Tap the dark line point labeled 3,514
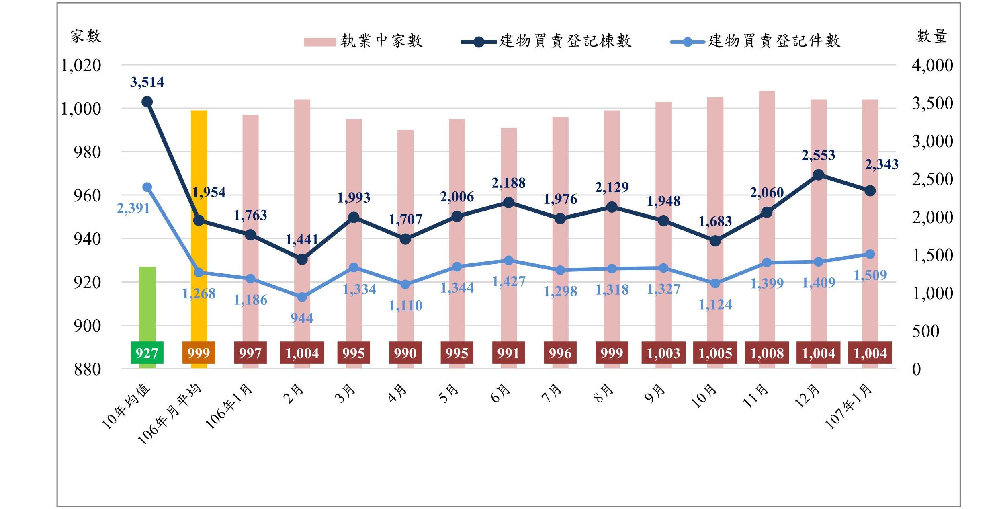coord(147,102)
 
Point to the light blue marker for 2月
coord(302,297)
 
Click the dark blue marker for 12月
coord(818,175)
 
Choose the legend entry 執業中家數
coord(363,41)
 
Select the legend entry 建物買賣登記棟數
coord(547,41)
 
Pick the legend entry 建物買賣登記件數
coord(755,41)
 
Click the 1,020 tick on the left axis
coord(81,65)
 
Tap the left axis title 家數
coord(86,36)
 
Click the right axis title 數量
coord(931,36)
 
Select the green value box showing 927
coord(147,353)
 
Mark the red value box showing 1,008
coord(767,353)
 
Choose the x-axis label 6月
coord(501,394)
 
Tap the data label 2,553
coord(818,155)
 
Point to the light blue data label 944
coord(302,318)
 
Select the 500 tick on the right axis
coord(925,331)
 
